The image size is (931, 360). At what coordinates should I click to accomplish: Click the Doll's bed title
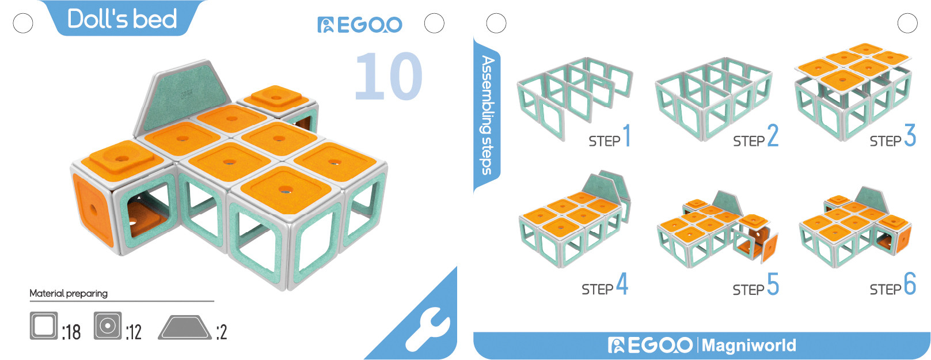122,18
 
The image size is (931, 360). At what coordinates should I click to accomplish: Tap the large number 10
389,76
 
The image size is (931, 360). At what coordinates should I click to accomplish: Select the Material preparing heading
69,293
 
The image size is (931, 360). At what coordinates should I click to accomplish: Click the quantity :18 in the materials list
71,332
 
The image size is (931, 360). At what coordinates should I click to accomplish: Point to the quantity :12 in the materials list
134,332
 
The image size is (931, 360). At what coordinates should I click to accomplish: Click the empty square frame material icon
44,325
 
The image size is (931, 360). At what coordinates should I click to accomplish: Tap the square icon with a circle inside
108,326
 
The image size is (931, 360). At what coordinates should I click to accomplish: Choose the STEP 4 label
605,285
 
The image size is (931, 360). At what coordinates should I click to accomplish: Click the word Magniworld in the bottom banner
749,346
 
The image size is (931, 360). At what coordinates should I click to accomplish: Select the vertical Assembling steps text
488,115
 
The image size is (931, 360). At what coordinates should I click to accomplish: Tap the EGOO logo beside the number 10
360,25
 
